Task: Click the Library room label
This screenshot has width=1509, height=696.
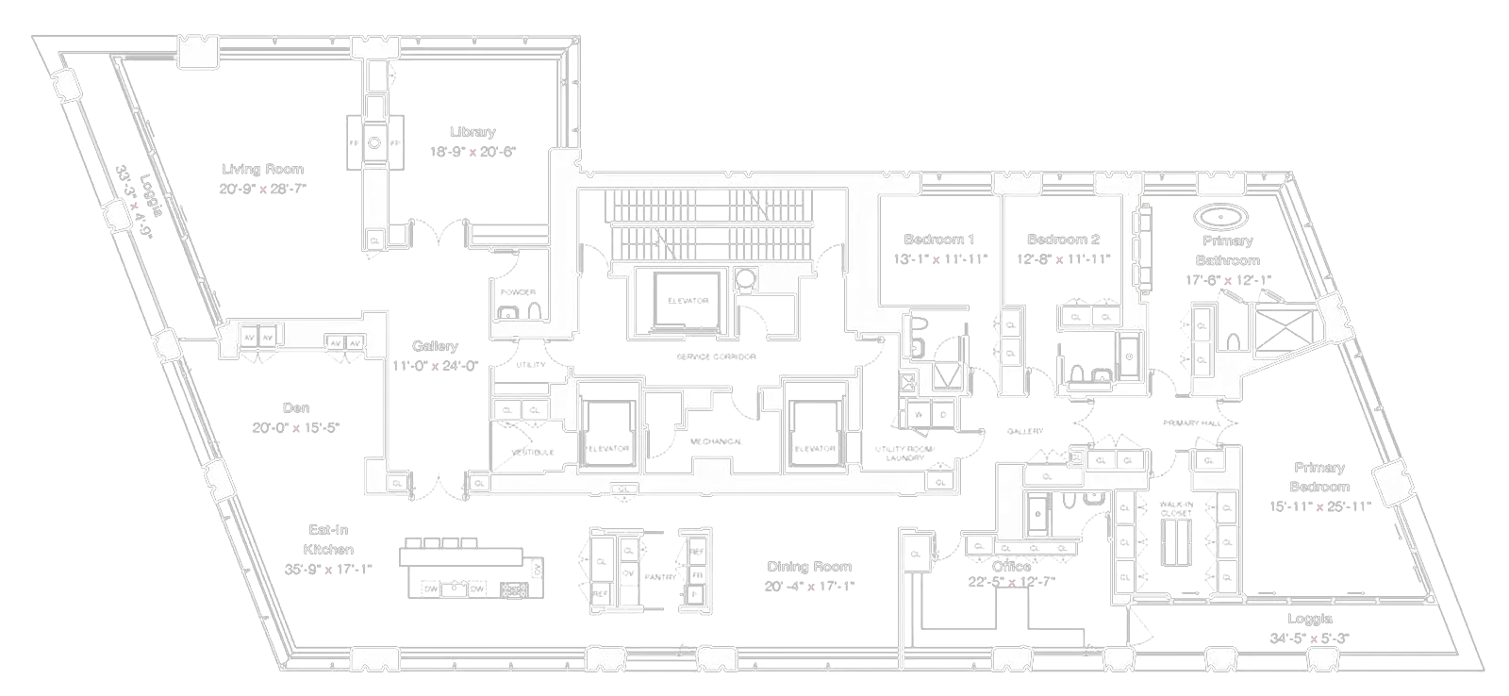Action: pos(472,132)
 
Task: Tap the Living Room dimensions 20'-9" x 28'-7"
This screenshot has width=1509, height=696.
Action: pos(262,189)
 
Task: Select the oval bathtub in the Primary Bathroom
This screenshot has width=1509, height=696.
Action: pos(1222,217)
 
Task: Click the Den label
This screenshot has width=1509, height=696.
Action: pos(295,408)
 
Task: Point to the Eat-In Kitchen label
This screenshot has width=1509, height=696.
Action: pos(328,539)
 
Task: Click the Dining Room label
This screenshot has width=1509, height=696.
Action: pos(808,567)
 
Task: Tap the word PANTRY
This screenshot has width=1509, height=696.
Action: pos(660,576)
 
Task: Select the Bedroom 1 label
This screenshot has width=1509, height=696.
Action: pos(938,240)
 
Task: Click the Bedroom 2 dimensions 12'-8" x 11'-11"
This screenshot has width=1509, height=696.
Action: pos(1063,259)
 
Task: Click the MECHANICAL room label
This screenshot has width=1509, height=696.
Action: pos(716,441)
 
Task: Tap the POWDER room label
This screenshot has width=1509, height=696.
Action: pos(518,292)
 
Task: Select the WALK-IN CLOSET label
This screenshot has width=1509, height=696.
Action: pos(1176,508)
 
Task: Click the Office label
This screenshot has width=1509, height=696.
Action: pos(1011,566)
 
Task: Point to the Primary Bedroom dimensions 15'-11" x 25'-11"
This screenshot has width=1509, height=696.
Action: pos(1319,506)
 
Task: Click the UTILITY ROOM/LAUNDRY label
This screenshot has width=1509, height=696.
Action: pos(904,453)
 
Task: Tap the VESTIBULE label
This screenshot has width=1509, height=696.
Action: pos(533,453)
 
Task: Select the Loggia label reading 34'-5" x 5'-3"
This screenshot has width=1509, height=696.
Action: pos(1309,638)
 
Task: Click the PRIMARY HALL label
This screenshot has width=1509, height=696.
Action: pos(1192,423)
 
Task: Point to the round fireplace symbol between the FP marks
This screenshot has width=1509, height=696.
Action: pos(373,143)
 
